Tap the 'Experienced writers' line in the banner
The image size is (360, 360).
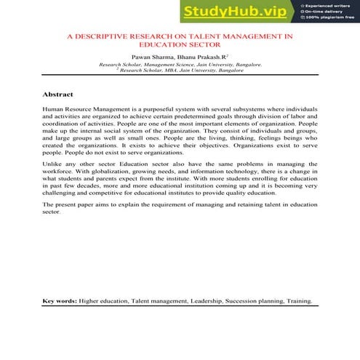[329, 4]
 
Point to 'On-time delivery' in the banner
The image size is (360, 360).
[324, 11]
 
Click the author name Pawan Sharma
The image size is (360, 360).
[151, 56]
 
